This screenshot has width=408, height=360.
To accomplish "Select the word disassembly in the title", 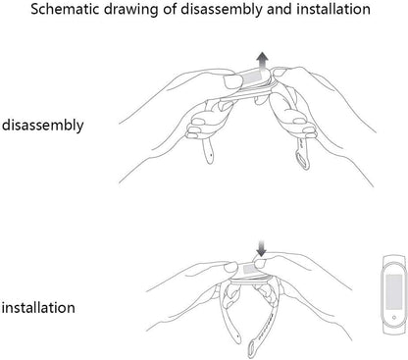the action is click(x=221, y=10).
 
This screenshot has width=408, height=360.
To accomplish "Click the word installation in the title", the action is click(x=333, y=9).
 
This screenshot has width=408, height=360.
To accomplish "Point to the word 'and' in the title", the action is click(x=280, y=9).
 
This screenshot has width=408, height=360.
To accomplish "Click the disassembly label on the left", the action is click(x=43, y=126).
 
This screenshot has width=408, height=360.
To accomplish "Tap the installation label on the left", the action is click(x=38, y=308).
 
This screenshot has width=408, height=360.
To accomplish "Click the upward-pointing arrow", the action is click(x=262, y=61).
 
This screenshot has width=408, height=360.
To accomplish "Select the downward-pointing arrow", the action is click(x=261, y=248).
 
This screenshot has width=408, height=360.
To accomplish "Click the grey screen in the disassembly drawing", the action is click(x=251, y=77).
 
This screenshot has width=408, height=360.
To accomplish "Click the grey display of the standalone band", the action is click(x=394, y=292).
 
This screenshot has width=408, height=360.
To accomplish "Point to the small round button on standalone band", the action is click(x=394, y=317).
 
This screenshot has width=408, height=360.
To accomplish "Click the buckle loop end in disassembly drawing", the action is click(x=302, y=161).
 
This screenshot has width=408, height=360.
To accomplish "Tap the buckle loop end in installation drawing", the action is click(x=253, y=349).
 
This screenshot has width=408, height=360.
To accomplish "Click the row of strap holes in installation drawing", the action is click(x=265, y=327).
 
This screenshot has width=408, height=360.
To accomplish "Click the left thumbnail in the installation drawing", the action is click(x=231, y=268).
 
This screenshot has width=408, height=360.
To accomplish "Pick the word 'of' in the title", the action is click(x=168, y=9).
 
